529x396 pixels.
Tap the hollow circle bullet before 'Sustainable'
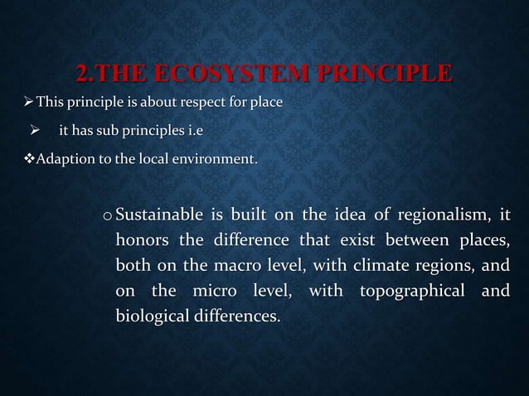tap(108, 217)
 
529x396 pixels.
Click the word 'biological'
tap(151, 316)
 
